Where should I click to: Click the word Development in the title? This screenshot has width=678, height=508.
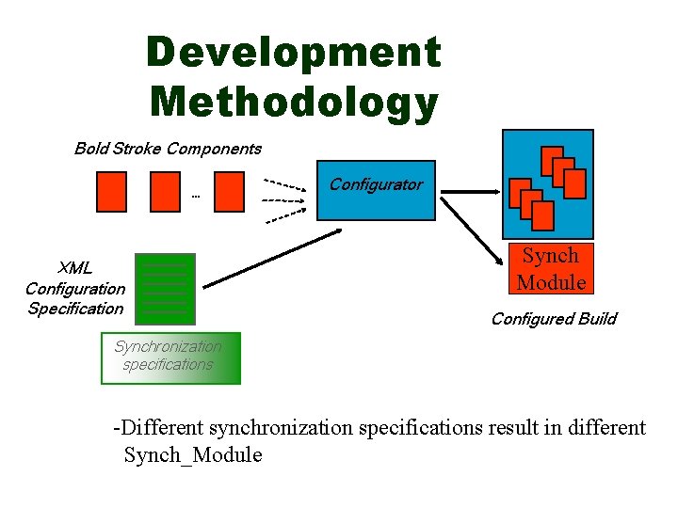coord(293,53)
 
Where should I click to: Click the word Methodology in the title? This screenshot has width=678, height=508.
coord(293,102)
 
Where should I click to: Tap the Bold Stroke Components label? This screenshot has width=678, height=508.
coord(168,149)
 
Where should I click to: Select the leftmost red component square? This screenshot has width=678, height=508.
coord(111,193)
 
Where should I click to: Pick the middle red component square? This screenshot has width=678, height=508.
coord(165,193)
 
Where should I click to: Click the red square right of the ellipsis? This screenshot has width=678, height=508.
coord(229,193)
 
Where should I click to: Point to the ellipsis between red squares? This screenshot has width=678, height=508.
coord(196,197)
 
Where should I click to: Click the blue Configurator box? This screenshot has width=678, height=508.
coord(376,191)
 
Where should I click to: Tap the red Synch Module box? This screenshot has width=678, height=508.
coord(551,269)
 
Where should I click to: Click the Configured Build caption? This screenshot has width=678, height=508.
coord(554,319)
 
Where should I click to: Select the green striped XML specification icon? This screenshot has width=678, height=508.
coord(165,288)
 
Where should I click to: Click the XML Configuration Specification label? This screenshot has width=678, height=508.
coord(74,288)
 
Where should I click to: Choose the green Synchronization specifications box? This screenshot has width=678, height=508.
coord(170,357)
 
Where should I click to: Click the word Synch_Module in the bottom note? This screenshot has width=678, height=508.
coord(193,456)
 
